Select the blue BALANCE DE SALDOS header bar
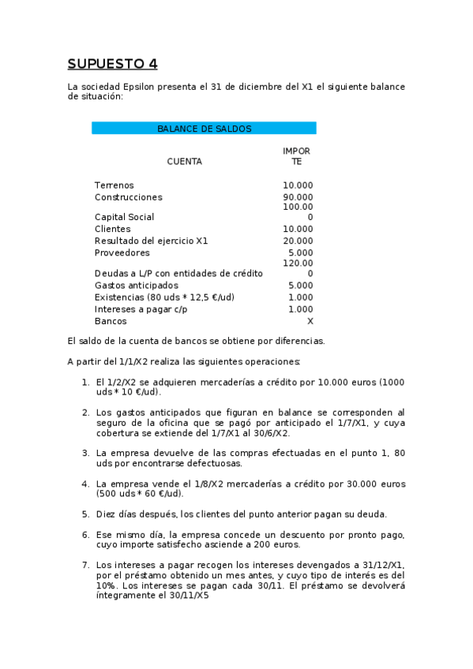tap(204, 128)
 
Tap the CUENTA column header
tap(184, 162)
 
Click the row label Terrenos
tap(114, 185)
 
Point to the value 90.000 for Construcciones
tap(298, 197)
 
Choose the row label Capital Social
tap(124, 217)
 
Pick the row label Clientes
tap(112, 229)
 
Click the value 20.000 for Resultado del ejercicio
tap(298, 241)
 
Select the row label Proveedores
tap(122, 252)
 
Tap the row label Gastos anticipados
tap(136, 285)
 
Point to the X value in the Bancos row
tap(310, 321)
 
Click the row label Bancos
tap(111, 321)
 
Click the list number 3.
tap(85, 453)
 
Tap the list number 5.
tap(85, 514)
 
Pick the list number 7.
tap(85, 565)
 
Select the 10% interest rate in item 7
tap(107, 585)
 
